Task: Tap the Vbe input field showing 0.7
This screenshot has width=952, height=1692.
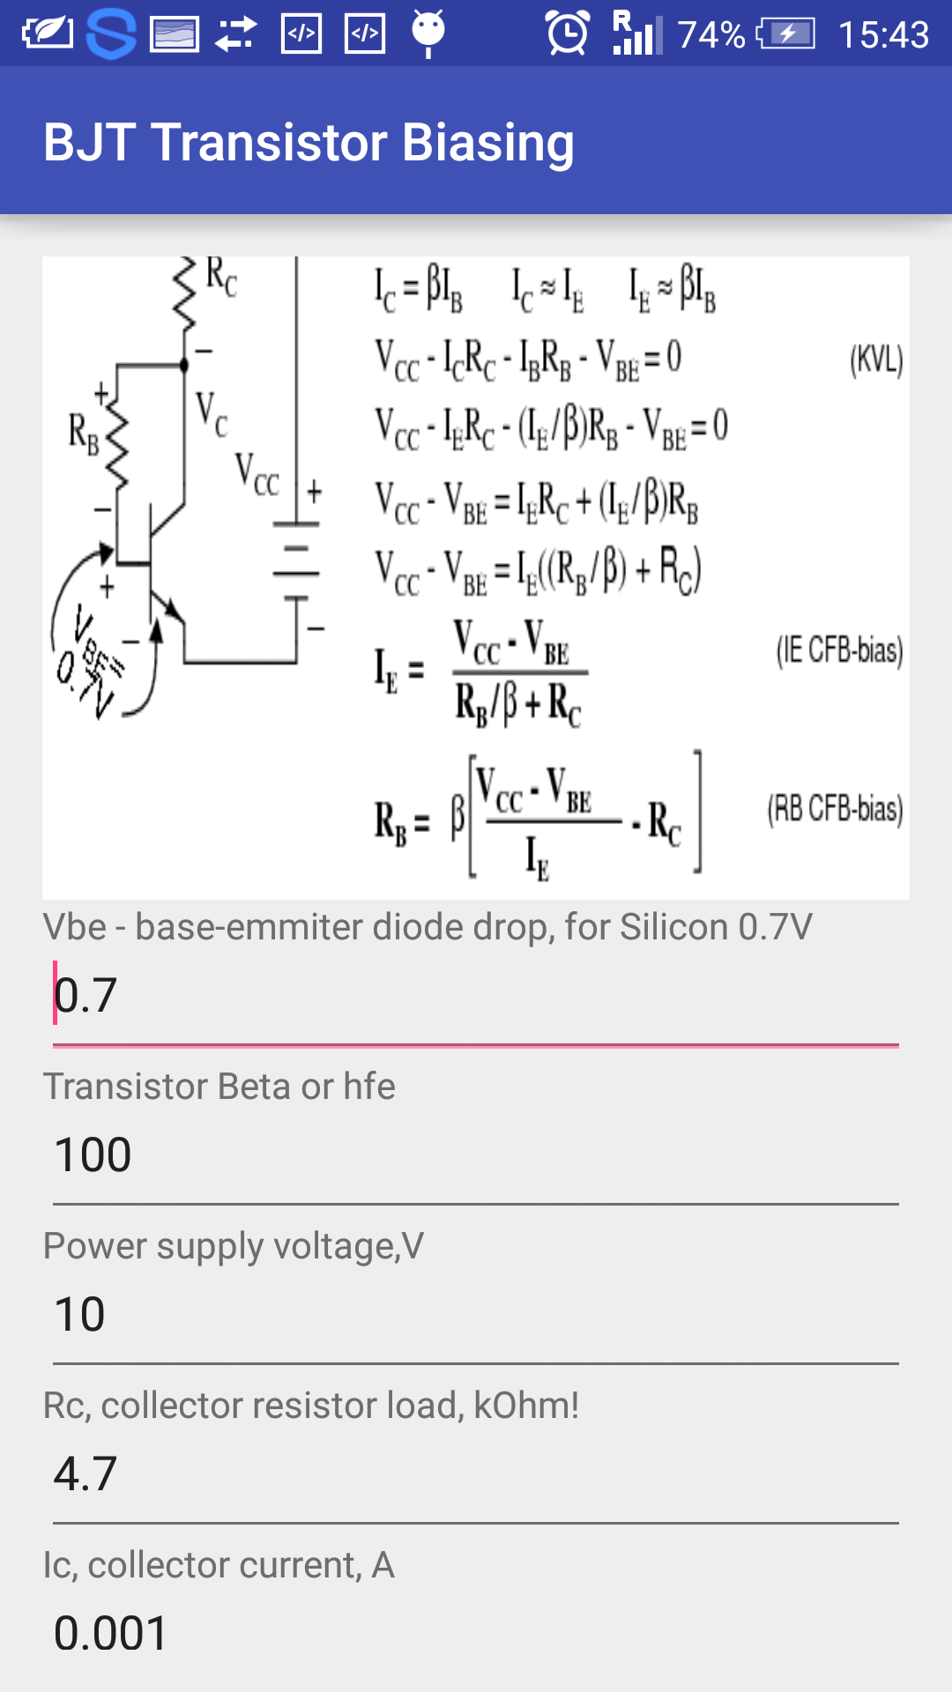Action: click(476, 996)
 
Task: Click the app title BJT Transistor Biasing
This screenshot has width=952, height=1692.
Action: click(309, 142)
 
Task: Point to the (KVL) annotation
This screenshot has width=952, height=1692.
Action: click(876, 360)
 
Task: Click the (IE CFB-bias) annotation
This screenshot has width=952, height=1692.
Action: click(839, 650)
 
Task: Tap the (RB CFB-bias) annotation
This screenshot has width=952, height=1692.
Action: click(835, 809)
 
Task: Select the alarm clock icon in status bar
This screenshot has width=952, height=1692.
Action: click(568, 33)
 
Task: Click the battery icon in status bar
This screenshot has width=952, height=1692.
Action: click(787, 34)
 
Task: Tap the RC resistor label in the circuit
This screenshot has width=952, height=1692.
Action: click(221, 277)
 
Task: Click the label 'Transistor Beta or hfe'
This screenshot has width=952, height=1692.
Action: click(219, 1087)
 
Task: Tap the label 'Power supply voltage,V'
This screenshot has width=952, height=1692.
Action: click(234, 1246)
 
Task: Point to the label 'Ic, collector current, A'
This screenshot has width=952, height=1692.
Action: click(219, 1565)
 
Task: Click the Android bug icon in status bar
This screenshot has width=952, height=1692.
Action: click(428, 33)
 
